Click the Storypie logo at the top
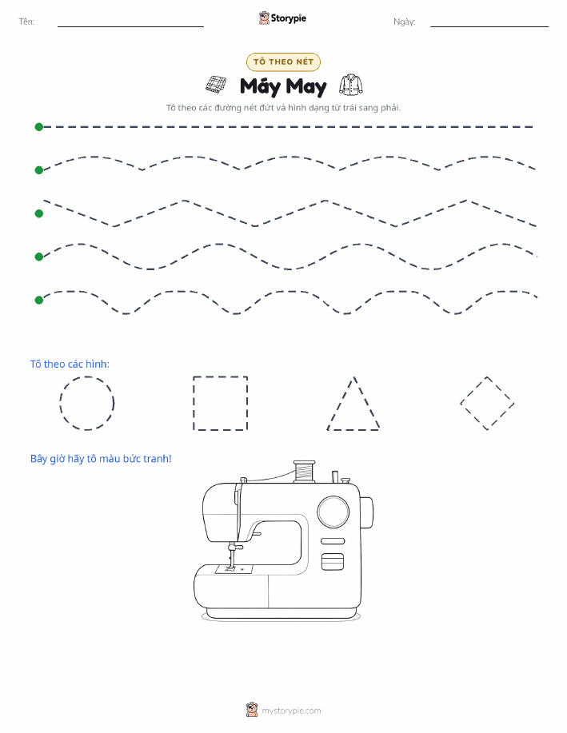coord(282,18)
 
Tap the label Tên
coord(26,22)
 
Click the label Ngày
coord(404,22)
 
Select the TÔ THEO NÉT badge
coord(283,62)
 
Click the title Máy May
coord(283,87)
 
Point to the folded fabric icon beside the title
coord(216,85)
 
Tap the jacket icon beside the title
coord(351,85)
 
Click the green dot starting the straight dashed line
coord(39,126)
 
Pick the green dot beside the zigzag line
coord(39,213)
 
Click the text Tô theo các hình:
coord(70,365)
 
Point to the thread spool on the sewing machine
coord(305,472)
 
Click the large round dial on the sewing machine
coord(333,512)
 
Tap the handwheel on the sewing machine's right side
coord(366,512)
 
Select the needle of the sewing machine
coord(230,559)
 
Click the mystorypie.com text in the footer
coord(291,711)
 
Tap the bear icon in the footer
coord(252,710)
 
